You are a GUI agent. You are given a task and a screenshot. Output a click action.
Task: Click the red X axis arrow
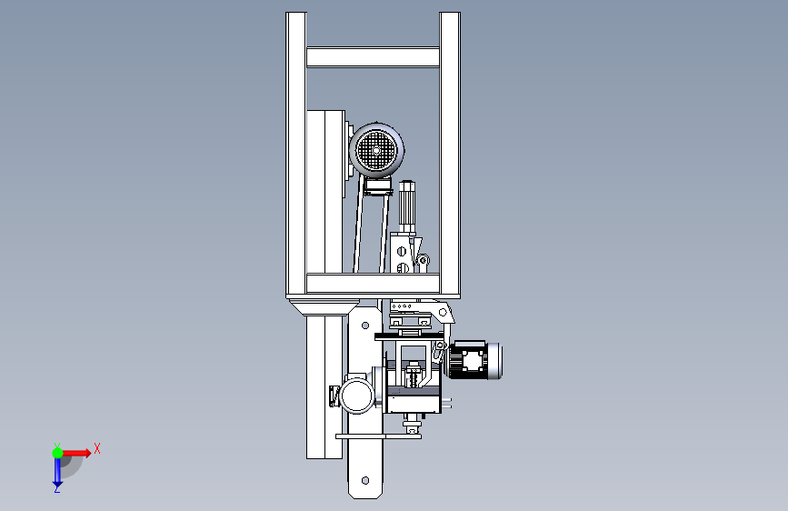[x=75, y=453]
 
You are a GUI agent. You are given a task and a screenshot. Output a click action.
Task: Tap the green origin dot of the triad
[x=57, y=453]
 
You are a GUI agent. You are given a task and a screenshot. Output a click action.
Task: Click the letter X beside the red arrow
[x=97, y=448]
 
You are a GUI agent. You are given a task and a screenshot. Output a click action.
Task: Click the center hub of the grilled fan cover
[x=376, y=150]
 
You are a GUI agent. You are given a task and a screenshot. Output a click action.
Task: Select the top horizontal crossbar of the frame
[x=373, y=57]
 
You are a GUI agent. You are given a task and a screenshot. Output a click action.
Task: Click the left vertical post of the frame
[x=296, y=154]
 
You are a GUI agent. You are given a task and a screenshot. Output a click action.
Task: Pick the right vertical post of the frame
[x=450, y=154]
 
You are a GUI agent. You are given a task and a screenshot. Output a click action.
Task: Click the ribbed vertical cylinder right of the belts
[x=406, y=206]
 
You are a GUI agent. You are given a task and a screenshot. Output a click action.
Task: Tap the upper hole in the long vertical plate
[x=365, y=326]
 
